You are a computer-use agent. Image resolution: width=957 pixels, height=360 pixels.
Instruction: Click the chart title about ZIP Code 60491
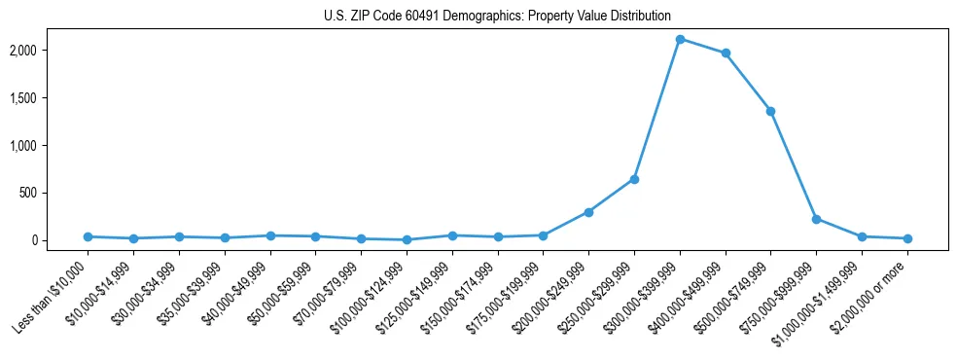(x=497, y=16)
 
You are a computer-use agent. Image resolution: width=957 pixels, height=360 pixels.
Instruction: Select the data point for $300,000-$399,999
(x=680, y=39)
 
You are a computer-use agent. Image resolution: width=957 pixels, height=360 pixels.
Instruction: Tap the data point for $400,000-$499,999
(x=726, y=53)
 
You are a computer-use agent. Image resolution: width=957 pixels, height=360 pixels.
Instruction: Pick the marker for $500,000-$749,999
(x=770, y=111)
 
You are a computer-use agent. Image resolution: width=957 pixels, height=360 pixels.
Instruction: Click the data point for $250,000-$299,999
(x=634, y=179)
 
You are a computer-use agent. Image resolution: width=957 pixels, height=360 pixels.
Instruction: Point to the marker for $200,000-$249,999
(x=588, y=212)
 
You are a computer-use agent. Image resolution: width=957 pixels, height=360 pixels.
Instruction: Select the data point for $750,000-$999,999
(x=816, y=219)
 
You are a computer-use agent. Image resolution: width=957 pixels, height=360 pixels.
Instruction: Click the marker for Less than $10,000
(x=88, y=236)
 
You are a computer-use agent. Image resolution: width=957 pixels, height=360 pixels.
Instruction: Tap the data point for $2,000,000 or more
(x=907, y=238)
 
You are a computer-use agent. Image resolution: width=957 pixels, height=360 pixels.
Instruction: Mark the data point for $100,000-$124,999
(x=407, y=239)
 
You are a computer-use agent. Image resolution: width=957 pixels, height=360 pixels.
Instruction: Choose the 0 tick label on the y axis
(x=60, y=240)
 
